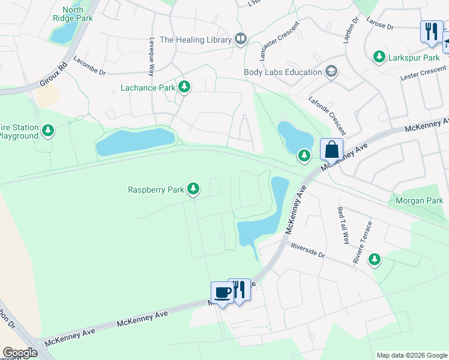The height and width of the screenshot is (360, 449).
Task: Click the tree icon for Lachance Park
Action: pos(184,88)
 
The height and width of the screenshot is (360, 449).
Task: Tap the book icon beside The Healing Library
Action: pos(241,40)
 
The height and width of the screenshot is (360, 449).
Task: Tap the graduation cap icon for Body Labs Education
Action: pos(331,72)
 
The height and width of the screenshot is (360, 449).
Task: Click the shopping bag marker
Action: pos(331,149)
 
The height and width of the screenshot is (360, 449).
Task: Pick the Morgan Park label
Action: pos(418,200)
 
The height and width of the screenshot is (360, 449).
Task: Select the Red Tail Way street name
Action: pos(343,226)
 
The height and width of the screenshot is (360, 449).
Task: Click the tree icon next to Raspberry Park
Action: pos(193,190)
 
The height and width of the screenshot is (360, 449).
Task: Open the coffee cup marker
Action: pos(222,292)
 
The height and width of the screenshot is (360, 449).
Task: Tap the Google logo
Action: pos(20,353)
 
